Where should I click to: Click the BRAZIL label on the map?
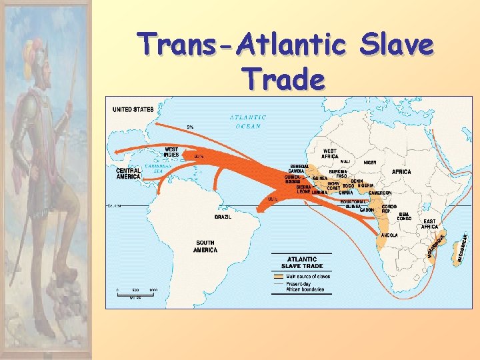pos(223,217)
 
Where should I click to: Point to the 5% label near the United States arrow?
pos(190,127)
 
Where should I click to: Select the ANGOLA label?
pos(389,235)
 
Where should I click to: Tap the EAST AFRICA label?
pos(429,224)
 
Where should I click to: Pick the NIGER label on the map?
pos(370,162)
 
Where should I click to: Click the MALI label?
pos(345,161)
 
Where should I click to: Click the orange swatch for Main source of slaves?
pos(278,275)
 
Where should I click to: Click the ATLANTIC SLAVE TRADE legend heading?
pos(301,262)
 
